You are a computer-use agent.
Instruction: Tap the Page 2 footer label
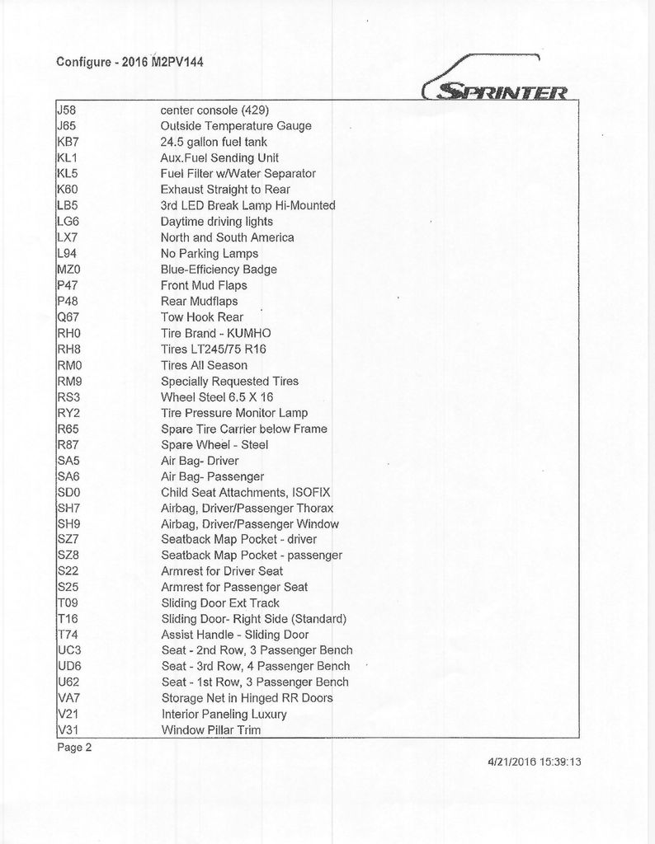[x=74, y=748]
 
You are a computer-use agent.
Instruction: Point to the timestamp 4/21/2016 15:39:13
[x=530, y=762]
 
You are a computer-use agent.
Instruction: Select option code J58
[x=66, y=110]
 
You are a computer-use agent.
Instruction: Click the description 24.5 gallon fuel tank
[x=214, y=142]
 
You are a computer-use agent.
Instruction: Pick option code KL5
[x=68, y=174]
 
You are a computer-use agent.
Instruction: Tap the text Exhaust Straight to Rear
[x=225, y=190]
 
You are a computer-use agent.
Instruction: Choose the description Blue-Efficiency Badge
[x=219, y=270]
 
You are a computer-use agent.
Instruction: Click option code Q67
[x=68, y=317]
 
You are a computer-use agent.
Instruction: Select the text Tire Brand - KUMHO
[x=215, y=333]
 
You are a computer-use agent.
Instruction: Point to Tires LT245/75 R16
[x=214, y=349]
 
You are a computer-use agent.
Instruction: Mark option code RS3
[x=68, y=397]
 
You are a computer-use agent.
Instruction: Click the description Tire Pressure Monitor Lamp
[x=234, y=413]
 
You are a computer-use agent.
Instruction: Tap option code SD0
[x=68, y=493]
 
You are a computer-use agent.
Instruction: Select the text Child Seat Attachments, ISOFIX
[x=245, y=493]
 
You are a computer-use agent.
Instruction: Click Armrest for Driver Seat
[x=222, y=571]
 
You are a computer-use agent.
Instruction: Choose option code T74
[x=67, y=635]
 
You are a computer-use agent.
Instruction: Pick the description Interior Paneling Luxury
[x=224, y=714]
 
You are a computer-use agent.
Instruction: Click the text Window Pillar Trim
[x=211, y=730]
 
